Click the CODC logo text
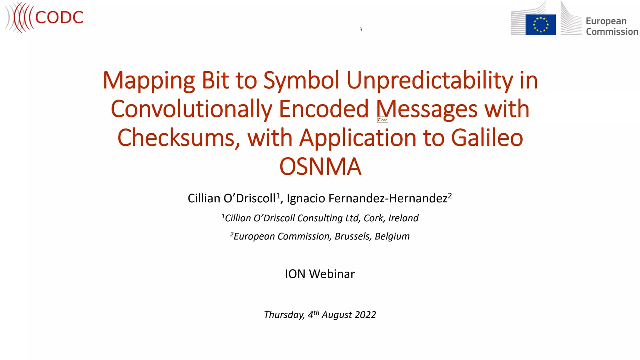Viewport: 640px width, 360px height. point(59,17)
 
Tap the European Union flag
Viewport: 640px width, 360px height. point(540,25)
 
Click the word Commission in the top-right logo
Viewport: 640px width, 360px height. point(612,32)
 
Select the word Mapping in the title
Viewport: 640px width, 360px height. point(148,80)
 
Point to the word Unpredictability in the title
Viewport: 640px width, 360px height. point(430,80)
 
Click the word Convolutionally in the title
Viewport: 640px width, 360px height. point(191,109)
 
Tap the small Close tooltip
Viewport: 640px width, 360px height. point(382,120)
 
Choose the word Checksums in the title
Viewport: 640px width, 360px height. point(176,138)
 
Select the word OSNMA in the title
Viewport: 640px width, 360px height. point(320,166)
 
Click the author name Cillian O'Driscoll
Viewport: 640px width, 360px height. point(232,198)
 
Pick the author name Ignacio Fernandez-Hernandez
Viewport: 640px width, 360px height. point(367,198)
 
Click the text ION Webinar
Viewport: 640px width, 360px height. point(320,274)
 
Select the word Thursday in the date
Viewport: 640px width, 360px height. point(284,315)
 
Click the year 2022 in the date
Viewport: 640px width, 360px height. point(365,315)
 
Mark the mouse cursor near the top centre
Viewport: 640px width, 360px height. point(361,29)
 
